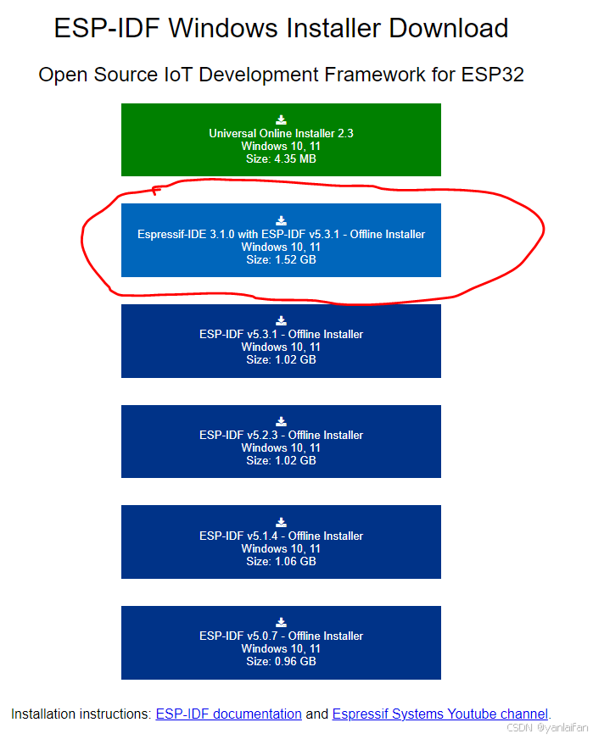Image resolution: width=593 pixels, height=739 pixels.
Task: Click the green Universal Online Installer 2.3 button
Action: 281,140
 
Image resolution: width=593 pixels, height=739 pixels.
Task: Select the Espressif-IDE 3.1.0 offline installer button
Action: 281,240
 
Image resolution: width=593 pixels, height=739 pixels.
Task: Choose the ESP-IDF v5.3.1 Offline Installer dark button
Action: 281,341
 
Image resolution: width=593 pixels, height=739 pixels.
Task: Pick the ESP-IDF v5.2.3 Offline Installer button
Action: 281,442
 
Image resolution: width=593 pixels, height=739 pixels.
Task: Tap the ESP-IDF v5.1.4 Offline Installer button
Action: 281,542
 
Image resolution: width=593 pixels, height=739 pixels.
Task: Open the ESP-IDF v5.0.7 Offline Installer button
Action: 281,642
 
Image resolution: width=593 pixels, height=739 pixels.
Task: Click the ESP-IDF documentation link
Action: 228,714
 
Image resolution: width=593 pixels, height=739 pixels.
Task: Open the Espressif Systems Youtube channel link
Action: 440,714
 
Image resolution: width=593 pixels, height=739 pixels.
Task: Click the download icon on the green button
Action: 281,120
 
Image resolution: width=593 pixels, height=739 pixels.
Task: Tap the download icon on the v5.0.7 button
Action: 281,623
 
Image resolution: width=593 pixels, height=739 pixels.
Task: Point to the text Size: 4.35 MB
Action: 281,159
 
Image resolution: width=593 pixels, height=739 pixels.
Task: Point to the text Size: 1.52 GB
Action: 281,259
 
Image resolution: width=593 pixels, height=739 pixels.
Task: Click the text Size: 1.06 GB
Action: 281,561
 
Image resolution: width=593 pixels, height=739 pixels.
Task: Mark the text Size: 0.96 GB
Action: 281,661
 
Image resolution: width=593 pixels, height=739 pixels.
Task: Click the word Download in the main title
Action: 449,28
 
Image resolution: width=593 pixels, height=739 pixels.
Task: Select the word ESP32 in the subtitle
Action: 492,75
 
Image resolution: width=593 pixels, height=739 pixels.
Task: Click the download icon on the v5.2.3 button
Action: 281,421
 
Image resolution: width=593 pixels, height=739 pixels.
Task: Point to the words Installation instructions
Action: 80,714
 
